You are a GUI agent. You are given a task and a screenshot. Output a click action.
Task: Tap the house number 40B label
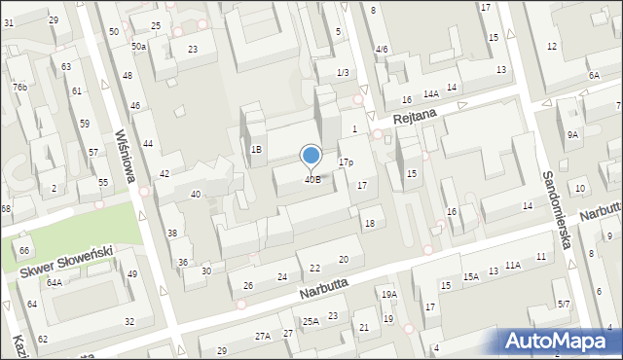click(x=312, y=179)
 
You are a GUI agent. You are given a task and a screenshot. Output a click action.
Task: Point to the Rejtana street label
click(x=417, y=118)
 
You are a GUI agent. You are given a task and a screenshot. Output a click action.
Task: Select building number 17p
click(x=346, y=162)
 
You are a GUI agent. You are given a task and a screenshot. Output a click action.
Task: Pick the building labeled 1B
click(x=256, y=150)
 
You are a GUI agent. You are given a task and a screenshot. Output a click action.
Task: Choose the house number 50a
click(x=139, y=46)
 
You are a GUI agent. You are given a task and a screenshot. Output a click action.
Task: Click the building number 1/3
click(x=342, y=73)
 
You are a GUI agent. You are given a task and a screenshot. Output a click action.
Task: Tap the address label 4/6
click(x=381, y=50)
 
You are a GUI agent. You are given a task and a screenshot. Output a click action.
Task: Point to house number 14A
click(x=430, y=94)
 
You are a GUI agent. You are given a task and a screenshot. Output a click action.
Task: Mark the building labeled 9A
click(x=573, y=135)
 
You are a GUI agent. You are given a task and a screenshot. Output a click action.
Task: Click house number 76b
click(x=19, y=87)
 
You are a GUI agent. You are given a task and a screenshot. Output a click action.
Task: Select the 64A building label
click(x=55, y=283)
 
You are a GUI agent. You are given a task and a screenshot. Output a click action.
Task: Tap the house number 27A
click(x=263, y=336)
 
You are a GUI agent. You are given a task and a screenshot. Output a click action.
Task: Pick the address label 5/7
click(x=564, y=305)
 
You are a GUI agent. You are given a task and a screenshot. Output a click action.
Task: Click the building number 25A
click(x=311, y=321)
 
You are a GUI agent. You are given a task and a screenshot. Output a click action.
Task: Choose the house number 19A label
click(x=389, y=295)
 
